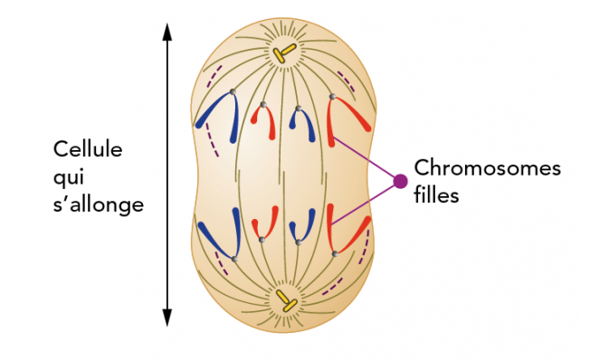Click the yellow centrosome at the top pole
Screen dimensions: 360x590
point(285,52)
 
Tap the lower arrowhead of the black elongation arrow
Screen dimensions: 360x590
point(167,316)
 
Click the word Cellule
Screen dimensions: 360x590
point(88,149)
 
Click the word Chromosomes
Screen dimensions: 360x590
point(487,168)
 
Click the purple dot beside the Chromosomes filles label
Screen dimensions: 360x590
point(399,182)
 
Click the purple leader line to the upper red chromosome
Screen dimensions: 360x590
point(366,161)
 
